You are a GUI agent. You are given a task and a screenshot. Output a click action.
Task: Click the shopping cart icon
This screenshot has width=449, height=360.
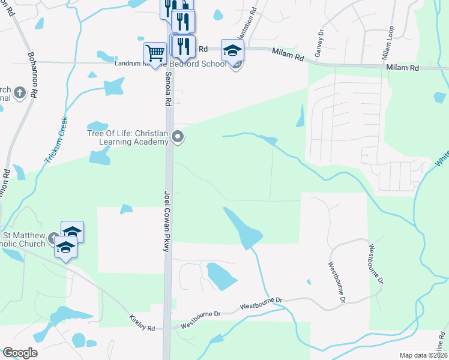pyautogui.click(x=155, y=53)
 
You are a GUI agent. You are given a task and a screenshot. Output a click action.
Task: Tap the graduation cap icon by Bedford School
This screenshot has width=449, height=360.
pyautogui.click(x=232, y=50)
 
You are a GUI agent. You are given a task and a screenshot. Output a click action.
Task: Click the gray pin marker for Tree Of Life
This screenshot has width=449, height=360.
pyautogui.click(x=178, y=137)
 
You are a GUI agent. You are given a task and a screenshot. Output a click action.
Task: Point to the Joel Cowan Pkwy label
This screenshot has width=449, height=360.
pyautogui.click(x=167, y=221)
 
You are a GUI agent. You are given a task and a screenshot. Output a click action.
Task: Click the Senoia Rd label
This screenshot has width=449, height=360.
pyautogui.click(x=168, y=89)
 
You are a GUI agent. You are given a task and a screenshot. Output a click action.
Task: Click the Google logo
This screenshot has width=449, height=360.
pyautogui.click(x=19, y=353)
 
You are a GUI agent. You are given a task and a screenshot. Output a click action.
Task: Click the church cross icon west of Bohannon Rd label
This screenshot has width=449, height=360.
pyautogui.click(x=20, y=92)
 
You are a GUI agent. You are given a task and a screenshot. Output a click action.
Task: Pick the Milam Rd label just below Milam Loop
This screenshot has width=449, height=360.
pyautogui.click(x=402, y=68)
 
